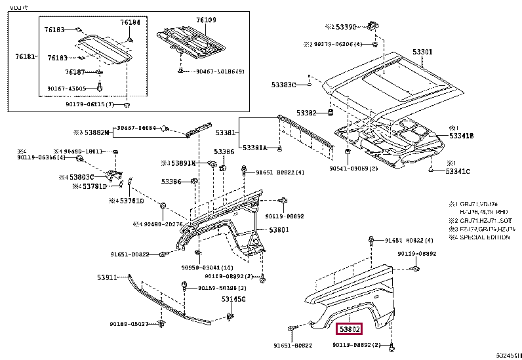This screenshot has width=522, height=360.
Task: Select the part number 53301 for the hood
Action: [422, 52]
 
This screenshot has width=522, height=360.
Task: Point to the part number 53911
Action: [107, 277]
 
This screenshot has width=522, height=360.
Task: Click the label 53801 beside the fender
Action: [278, 230]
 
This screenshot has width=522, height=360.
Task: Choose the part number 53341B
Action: [461, 136]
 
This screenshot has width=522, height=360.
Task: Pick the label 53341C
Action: [458, 172]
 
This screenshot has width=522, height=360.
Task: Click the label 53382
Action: [305, 113]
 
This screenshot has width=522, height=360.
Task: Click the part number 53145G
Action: [233, 299]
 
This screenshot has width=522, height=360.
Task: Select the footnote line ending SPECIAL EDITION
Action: [481, 237]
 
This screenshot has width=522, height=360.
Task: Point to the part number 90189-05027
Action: [129, 324]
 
